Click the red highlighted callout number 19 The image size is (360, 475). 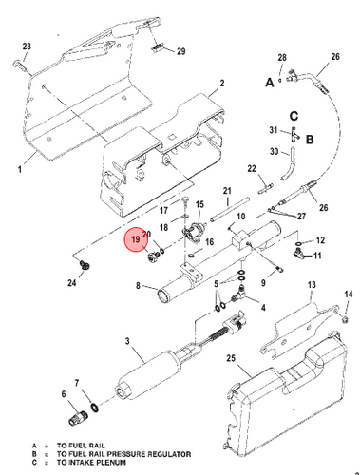[136, 239]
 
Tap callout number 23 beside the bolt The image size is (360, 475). [27, 47]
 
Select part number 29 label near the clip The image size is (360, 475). [180, 51]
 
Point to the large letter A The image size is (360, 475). [270, 83]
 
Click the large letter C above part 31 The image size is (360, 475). [294, 116]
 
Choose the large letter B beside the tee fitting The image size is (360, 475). [310, 140]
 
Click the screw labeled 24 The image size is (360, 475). [85, 265]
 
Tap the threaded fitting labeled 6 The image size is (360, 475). [77, 417]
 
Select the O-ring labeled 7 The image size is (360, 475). [95, 408]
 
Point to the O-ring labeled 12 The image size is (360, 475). [298, 243]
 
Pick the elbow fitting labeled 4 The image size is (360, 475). [240, 293]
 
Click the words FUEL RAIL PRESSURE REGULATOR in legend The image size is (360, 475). [124, 454]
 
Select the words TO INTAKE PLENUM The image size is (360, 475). [91, 463]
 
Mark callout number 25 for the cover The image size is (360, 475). [231, 358]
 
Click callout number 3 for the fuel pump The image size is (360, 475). [127, 341]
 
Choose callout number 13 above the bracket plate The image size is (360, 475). [312, 285]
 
